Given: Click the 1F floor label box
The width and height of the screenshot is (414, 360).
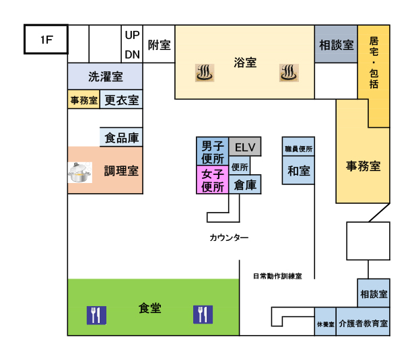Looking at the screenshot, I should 46,40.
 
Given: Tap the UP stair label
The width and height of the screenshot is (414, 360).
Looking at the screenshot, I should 132,35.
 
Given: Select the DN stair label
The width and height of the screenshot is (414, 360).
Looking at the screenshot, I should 132,54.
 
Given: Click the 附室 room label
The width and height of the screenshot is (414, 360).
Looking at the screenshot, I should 159,45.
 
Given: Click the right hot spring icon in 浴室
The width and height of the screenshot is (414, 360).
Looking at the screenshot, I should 289,72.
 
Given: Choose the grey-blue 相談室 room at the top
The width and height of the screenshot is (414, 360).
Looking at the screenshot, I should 336,45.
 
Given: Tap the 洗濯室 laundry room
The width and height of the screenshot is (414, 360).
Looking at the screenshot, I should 105,76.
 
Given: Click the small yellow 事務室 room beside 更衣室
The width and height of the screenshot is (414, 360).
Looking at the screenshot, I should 83,100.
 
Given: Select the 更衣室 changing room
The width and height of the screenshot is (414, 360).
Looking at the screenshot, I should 122,100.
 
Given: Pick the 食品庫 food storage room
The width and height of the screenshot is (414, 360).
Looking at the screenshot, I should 123,138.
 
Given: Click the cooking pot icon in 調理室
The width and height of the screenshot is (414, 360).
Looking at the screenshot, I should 80,173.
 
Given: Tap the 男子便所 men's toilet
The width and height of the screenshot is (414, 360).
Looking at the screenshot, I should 212,153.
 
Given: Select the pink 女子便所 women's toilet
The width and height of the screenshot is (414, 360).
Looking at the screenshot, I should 212,180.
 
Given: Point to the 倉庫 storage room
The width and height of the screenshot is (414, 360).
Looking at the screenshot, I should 245,185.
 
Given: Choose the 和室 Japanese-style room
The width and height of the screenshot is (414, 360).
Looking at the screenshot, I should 298,171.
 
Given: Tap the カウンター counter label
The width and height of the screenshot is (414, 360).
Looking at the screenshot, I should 229,238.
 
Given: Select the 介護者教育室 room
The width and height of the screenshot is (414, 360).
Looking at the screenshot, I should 363,324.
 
